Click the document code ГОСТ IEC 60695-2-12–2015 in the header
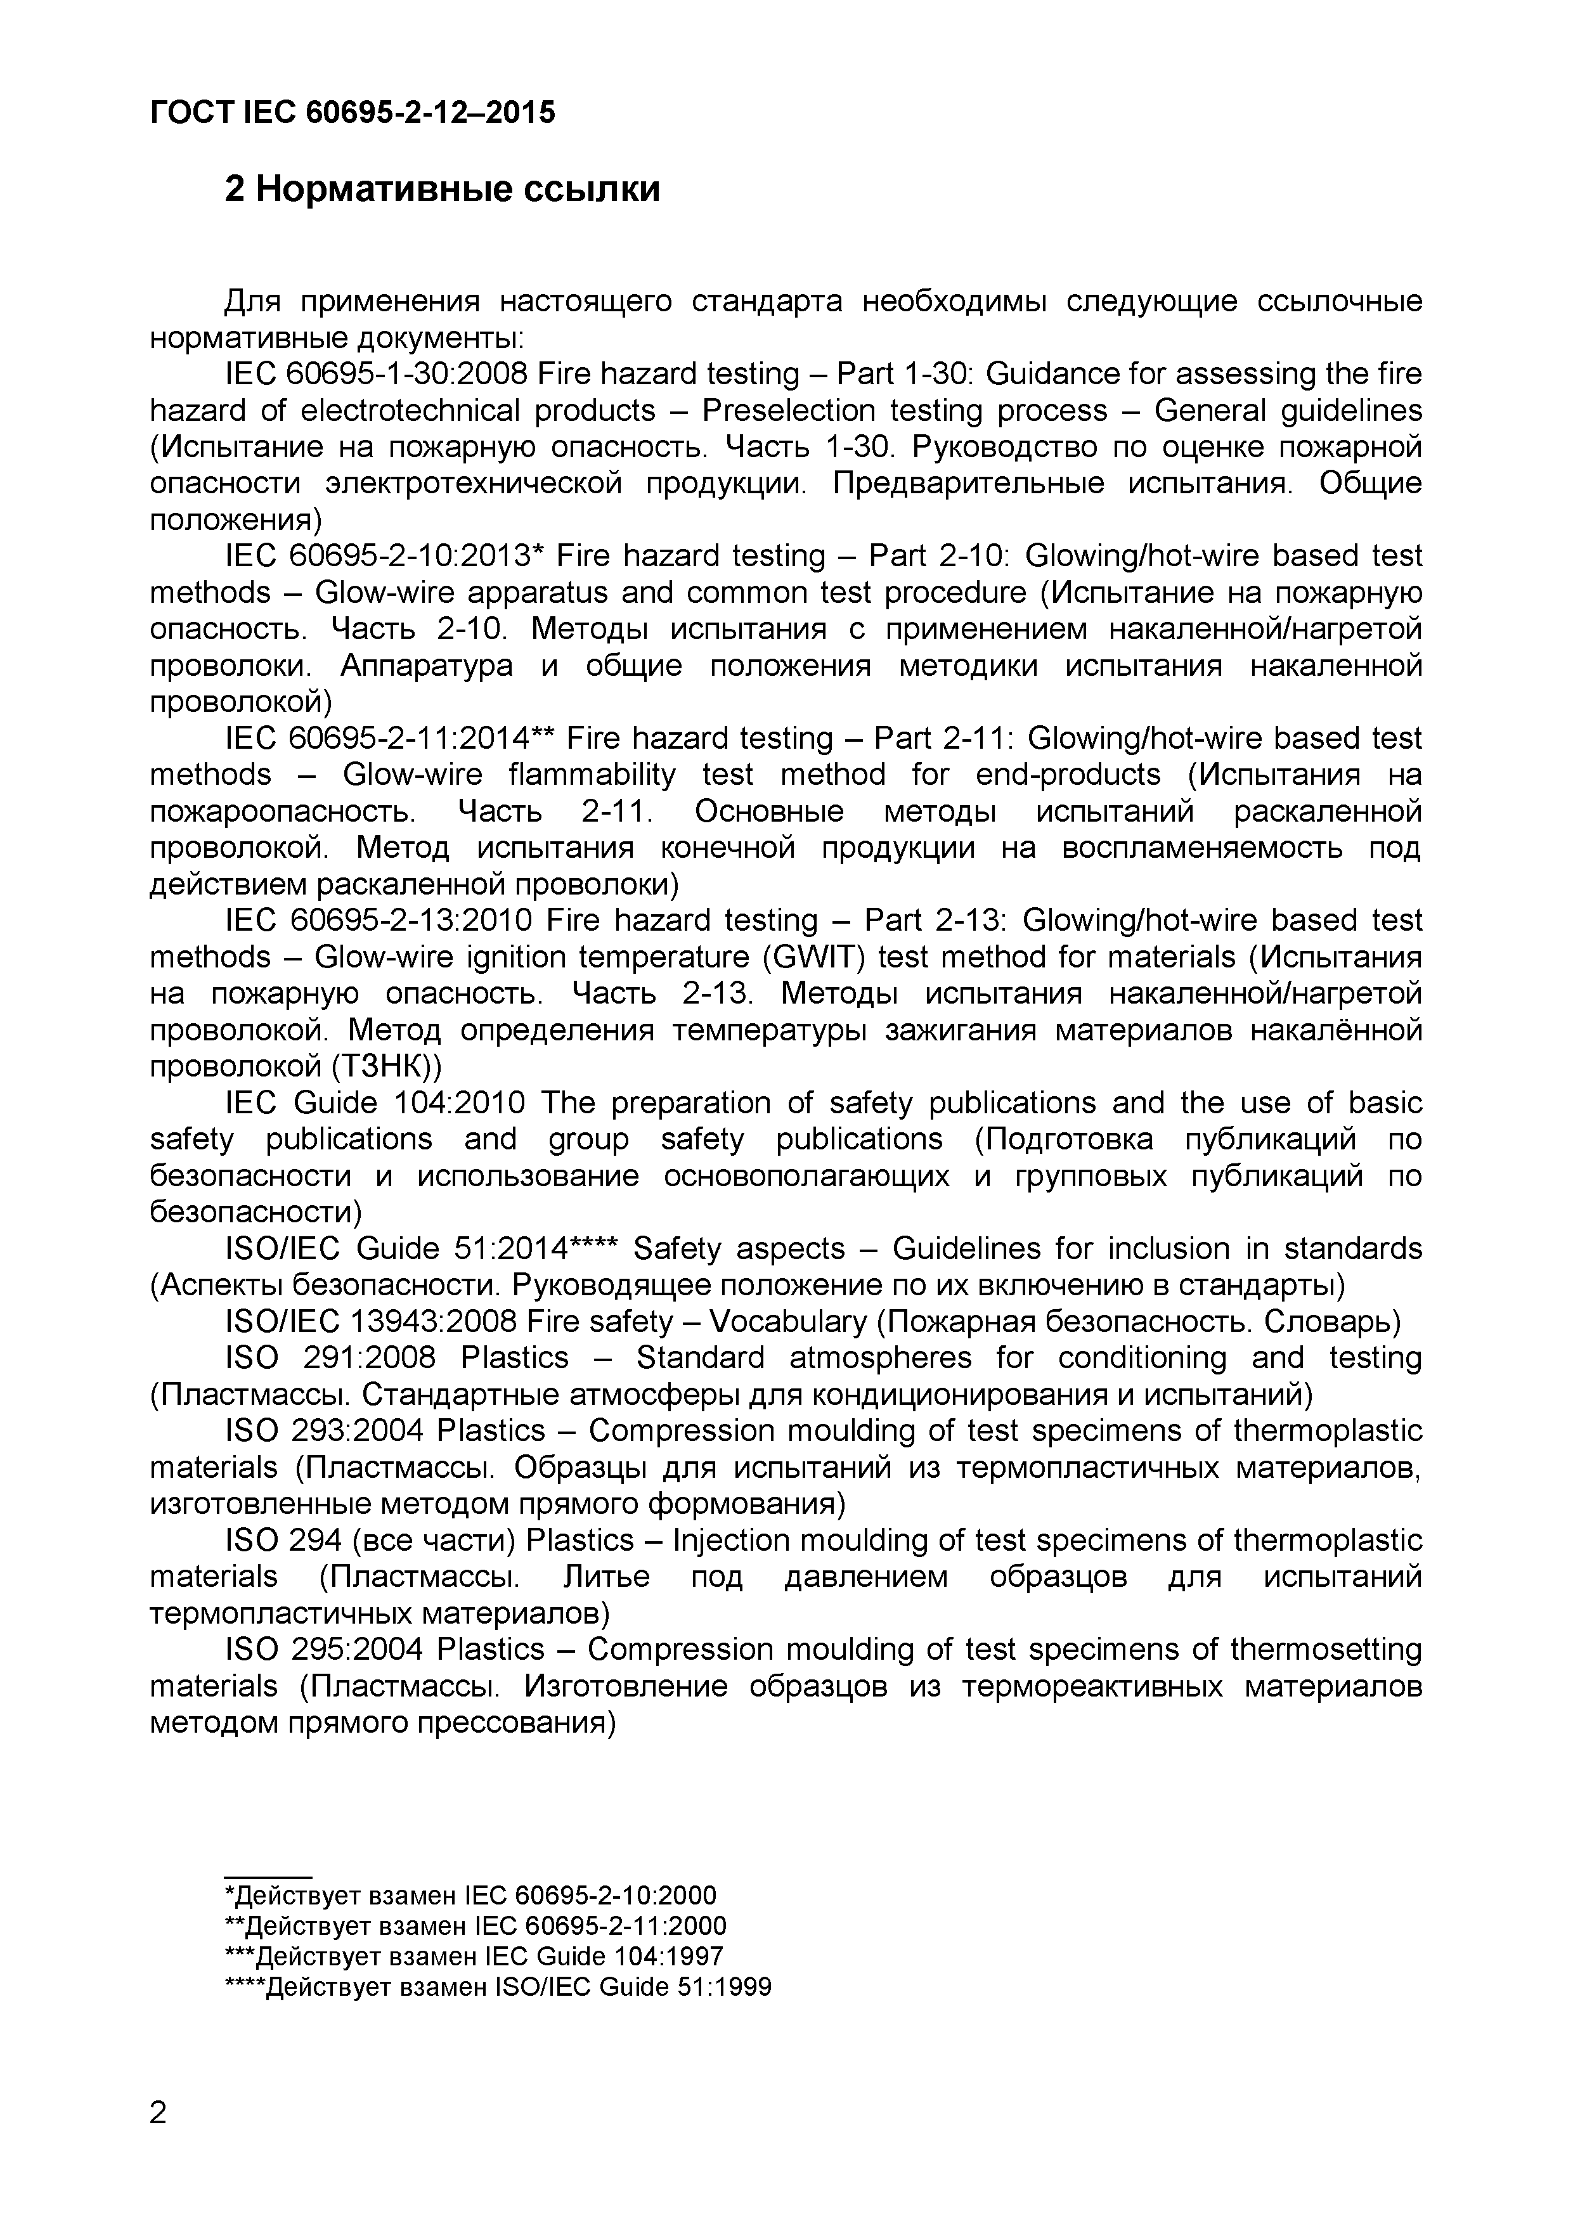353,113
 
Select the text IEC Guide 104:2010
375,1103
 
